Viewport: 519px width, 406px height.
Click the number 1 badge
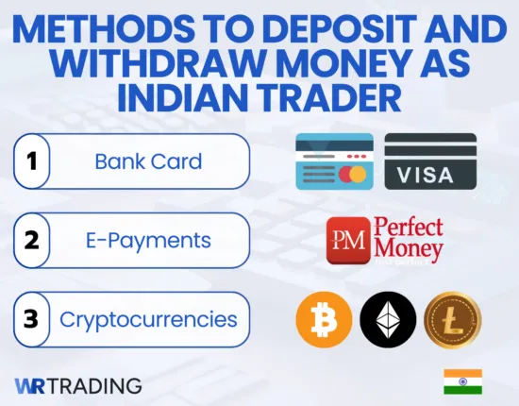pyautogui.click(x=31, y=161)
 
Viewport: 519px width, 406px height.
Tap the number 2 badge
pyautogui.click(x=31, y=241)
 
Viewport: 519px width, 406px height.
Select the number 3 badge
pyautogui.click(x=31, y=319)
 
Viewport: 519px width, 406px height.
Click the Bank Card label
pyautogui.click(x=148, y=161)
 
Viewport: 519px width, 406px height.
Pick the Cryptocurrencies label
pyautogui.click(x=148, y=319)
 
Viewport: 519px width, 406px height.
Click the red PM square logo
pyautogui.click(x=347, y=242)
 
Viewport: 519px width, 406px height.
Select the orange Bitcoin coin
pyautogui.click(x=324, y=319)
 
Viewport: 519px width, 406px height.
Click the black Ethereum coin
pyautogui.click(x=388, y=319)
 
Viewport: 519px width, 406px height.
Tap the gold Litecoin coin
pyautogui.click(x=453, y=319)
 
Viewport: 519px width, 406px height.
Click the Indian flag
pyautogui.click(x=462, y=381)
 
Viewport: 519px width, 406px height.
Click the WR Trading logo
pyautogui.click(x=78, y=385)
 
